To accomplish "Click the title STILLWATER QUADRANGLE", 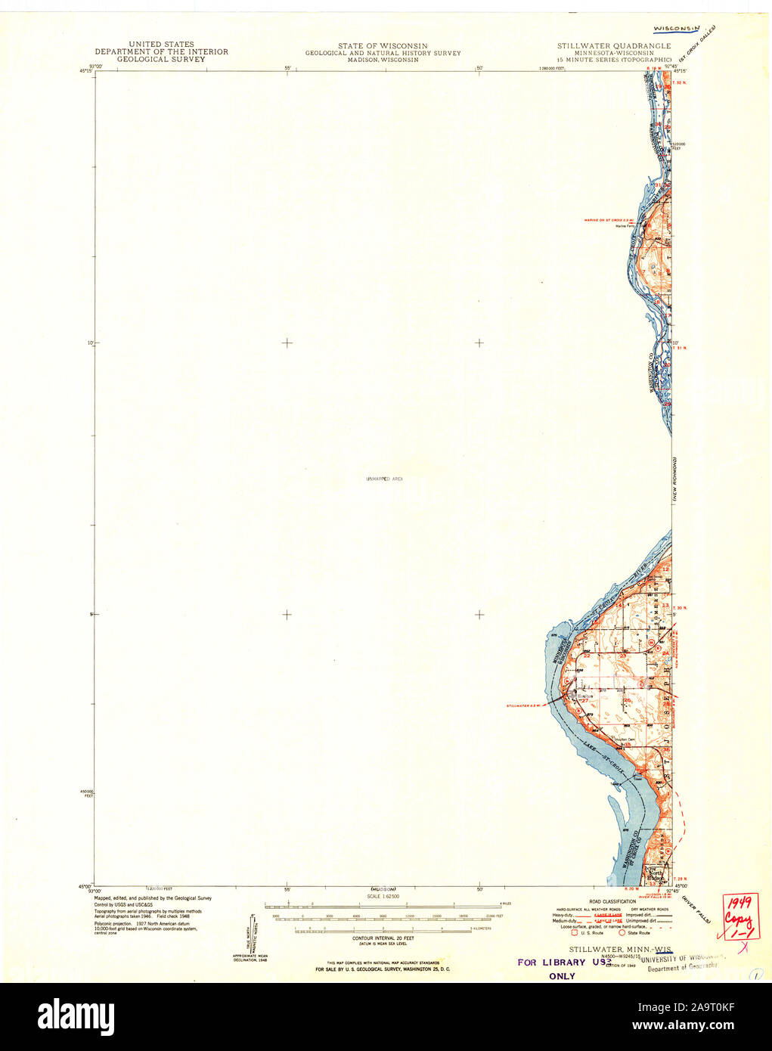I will pos(613,46).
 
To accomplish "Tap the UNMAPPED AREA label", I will pos(385,479).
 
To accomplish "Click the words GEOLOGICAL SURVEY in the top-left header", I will pos(160,58).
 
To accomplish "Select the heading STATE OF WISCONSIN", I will pos(383,46).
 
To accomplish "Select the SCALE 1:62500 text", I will pos(384,897).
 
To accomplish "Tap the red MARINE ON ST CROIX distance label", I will pos(609,220).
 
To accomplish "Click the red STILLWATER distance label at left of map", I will pos(526,705).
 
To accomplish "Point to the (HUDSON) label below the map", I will pos(384,889).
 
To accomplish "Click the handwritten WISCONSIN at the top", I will pos(677,28).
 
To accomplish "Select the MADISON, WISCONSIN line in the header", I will pos(383,59).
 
